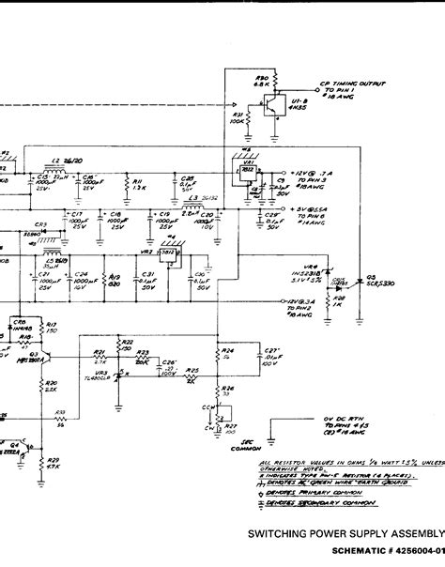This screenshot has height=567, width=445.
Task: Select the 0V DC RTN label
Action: tap(337, 418)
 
